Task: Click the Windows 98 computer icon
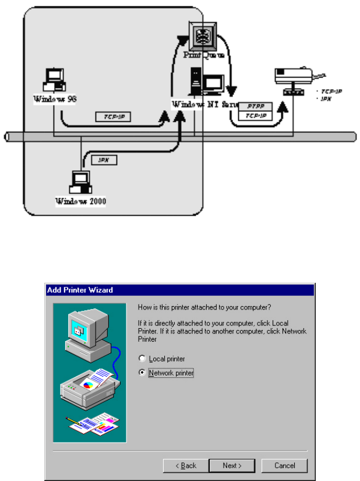point(55,80)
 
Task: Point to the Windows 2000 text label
point(81,202)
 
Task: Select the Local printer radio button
point(142,359)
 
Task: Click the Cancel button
point(284,465)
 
